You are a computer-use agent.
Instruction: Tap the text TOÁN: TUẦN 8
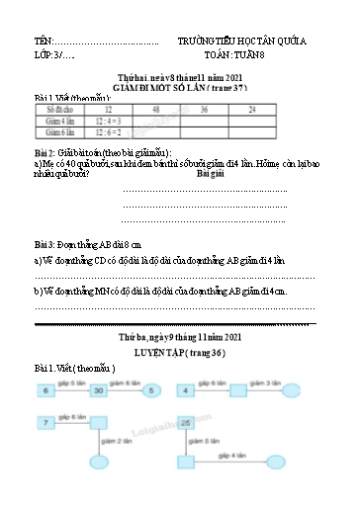(242, 56)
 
